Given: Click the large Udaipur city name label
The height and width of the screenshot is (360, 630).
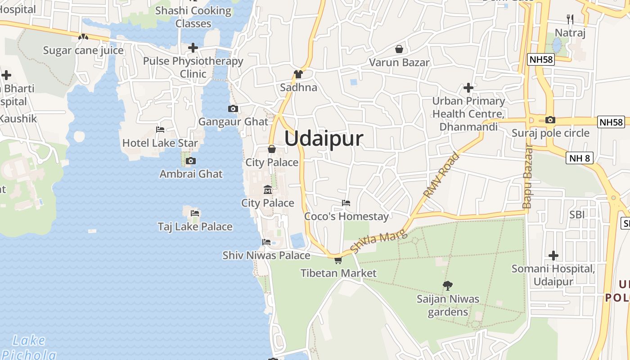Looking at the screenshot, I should point(324,138).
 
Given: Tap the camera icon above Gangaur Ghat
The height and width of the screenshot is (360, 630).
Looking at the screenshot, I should point(233,108).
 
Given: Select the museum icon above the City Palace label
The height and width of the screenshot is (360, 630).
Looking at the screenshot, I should point(268,189).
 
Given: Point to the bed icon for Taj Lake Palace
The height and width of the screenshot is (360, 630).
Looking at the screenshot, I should point(195,213).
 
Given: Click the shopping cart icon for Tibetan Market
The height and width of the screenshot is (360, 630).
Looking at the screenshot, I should point(338,260).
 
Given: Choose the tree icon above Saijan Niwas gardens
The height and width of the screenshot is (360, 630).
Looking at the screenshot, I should point(447,285).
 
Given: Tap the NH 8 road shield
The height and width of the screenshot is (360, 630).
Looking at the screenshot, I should point(580,158).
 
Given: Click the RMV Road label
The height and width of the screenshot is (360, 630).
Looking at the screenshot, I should point(441,175).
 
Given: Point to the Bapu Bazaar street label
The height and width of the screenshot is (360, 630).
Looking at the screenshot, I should point(528,176).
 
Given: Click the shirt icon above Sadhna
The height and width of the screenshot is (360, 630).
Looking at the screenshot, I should point(298,74).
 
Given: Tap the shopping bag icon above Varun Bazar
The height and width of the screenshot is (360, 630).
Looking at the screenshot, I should point(399,49).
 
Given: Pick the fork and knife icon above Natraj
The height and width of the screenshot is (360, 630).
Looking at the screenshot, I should point(570,19).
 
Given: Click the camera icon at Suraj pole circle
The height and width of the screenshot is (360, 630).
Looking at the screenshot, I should point(550,120).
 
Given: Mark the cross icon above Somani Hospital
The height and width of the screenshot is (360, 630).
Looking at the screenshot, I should point(553,256).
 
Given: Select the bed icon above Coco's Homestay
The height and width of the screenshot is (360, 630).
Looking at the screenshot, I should point(346,203).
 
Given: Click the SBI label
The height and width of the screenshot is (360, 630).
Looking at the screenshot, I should point(577,215).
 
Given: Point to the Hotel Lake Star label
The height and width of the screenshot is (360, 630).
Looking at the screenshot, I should point(160,143).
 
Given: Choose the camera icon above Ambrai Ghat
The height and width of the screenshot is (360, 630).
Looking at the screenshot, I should point(191,161).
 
